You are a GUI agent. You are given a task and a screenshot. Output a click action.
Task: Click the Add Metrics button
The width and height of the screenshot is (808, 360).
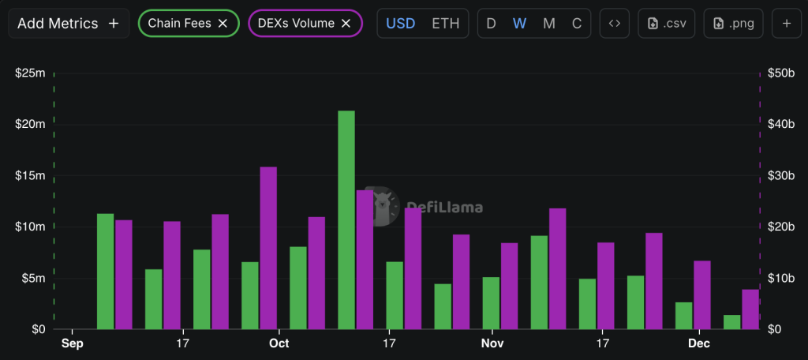click(68, 24)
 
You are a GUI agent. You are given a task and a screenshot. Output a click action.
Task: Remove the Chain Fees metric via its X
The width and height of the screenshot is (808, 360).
click(223, 24)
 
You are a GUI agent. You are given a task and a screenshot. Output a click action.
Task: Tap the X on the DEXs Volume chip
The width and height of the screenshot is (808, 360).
click(346, 24)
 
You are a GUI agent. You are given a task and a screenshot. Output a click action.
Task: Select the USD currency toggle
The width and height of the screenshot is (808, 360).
click(400, 24)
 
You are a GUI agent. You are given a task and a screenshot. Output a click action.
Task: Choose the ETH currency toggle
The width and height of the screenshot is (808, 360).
click(445, 24)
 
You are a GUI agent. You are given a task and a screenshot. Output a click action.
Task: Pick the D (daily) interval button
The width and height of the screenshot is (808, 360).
click(491, 24)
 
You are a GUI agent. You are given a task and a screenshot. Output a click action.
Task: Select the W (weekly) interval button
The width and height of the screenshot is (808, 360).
click(519, 24)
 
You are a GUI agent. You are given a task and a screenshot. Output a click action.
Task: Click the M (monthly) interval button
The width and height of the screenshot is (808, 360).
click(548, 24)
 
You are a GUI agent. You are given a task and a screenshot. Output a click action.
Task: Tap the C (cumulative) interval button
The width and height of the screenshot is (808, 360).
click(577, 24)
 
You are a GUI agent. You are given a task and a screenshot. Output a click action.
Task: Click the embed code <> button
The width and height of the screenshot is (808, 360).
click(614, 24)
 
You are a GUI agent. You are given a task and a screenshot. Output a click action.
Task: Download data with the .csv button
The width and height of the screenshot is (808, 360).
click(666, 24)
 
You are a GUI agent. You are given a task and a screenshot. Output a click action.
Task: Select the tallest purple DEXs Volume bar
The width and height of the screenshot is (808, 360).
click(268, 248)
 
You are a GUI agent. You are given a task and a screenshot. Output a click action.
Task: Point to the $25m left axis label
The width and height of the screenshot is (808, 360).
click(30, 73)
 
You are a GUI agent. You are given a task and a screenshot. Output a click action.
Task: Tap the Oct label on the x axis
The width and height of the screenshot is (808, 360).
click(279, 344)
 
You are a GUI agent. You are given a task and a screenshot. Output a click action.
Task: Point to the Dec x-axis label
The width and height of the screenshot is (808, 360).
click(698, 344)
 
